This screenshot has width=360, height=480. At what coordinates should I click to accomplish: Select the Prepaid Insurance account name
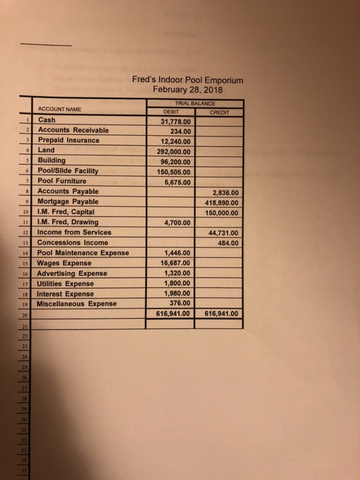point(69,140)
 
